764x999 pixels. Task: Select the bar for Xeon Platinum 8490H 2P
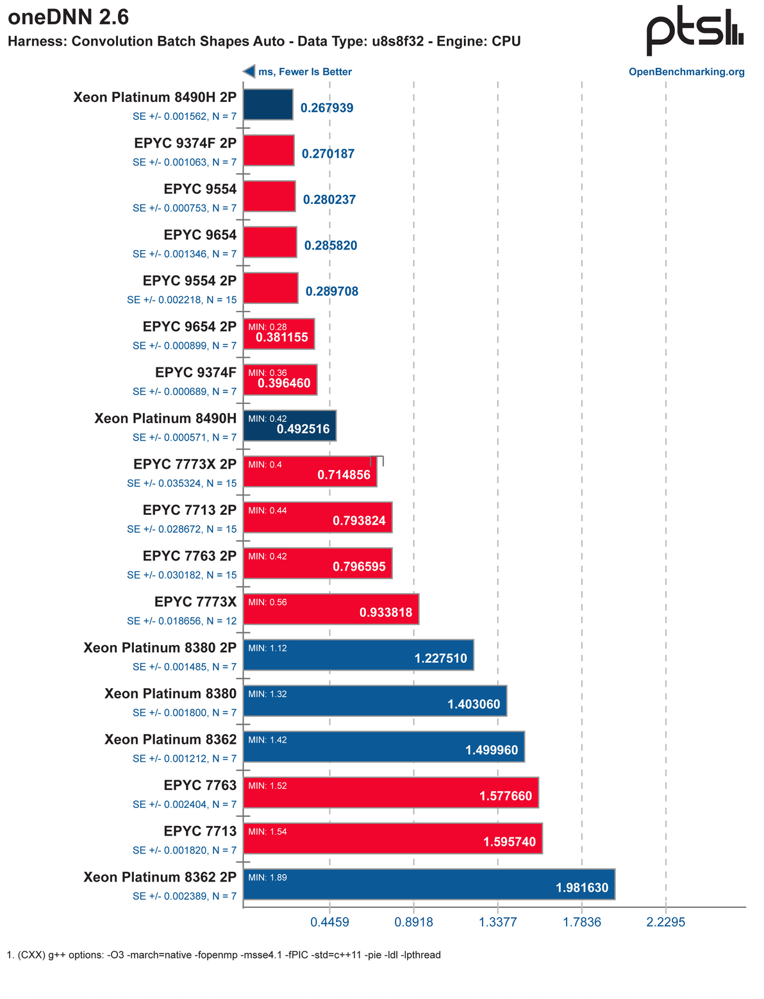coord(268,105)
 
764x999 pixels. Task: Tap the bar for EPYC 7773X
coord(331,609)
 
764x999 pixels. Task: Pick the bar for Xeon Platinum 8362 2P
coord(429,884)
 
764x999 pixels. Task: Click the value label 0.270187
coord(328,154)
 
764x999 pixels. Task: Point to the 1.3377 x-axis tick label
coord(498,922)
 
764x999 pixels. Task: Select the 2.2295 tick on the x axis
coord(666,922)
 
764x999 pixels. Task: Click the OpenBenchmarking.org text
coord(686,72)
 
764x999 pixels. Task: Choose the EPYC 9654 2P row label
coord(190,327)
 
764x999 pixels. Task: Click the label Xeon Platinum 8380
coord(170,694)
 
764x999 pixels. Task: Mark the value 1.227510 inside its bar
coord(441,659)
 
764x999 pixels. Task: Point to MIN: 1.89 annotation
coord(267,878)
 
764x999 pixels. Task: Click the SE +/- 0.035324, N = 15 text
coord(182,483)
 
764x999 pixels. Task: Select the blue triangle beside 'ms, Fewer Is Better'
coord(249,72)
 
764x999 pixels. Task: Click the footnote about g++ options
coord(224,955)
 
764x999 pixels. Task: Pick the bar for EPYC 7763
coord(391,793)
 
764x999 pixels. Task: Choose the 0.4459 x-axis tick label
coord(329,922)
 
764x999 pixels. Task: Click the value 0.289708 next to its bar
coord(332,292)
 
